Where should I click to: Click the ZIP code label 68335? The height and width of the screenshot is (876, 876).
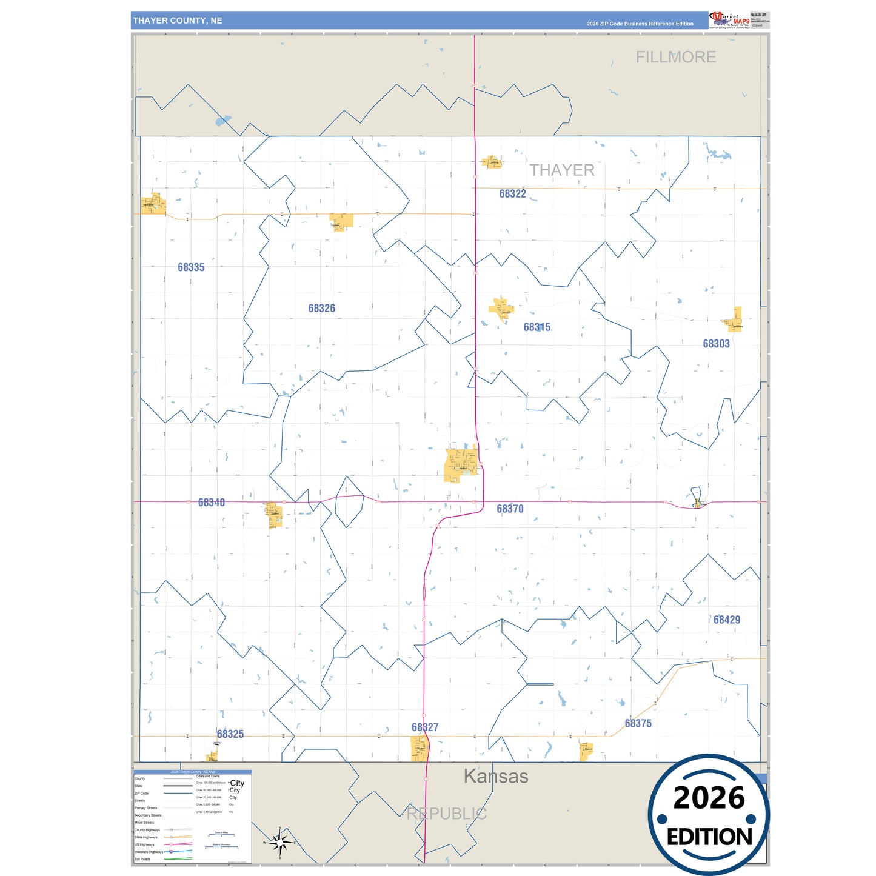(x=191, y=267)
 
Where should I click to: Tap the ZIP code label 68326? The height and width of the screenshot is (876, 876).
(x=321, y=309)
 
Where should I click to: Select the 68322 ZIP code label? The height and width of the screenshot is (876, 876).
(x=512, y=194)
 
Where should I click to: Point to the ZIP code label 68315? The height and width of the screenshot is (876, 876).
(x=537, y=327)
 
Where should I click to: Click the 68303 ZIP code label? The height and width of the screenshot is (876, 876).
(x=716, y=344)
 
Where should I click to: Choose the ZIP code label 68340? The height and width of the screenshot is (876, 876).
(x=211, y=503)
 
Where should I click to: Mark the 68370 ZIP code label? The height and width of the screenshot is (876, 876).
(x=510, y=509)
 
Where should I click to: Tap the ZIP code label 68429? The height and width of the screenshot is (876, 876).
(x=726, y=620)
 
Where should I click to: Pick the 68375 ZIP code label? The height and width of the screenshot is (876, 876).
(x=638, y=723)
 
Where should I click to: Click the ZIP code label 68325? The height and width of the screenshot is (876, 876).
(x=230, y=734)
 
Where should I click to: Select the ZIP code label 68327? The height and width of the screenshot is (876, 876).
(x=424, y=727)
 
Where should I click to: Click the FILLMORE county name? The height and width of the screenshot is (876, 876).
(x=675, y=57)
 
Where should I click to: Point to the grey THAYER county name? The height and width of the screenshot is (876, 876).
(x=562, y=170)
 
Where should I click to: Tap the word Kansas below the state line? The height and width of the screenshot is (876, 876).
(x=496, y=776)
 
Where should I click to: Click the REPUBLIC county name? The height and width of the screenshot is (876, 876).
(x=446, y=814)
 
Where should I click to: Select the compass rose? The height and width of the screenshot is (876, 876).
(x=279, y=842)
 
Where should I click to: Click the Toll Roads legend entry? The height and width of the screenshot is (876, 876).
(x=142, y=859)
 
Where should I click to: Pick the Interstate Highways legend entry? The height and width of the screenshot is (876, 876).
(x=149, y=852)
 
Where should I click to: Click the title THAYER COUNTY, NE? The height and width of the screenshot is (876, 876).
(x=178, y=21)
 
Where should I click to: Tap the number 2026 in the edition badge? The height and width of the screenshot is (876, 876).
(x=709, y=798)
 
